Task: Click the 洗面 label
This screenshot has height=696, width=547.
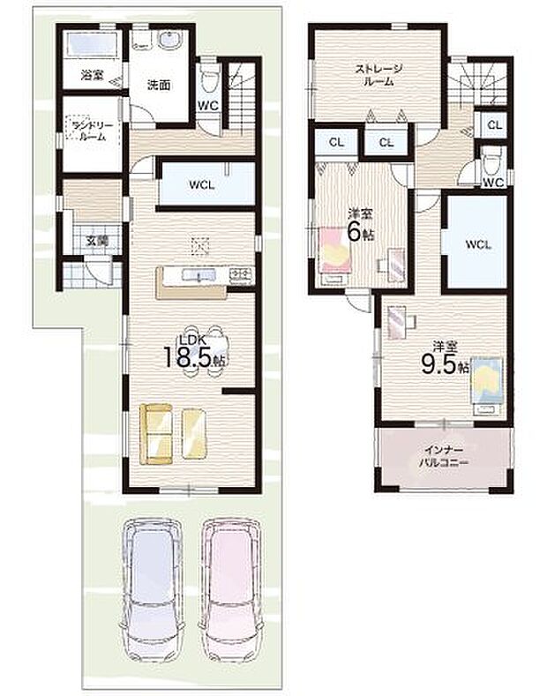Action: (x=159, y=86)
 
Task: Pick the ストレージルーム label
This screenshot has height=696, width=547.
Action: (x=379, y=74)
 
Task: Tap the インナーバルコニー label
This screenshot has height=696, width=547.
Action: (x=443, y=456)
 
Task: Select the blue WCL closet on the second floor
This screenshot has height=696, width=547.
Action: (x=476, y=242)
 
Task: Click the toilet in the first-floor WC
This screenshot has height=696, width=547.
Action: (x=208, y=81)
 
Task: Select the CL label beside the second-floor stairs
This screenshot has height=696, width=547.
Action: (x=494, y=125)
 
